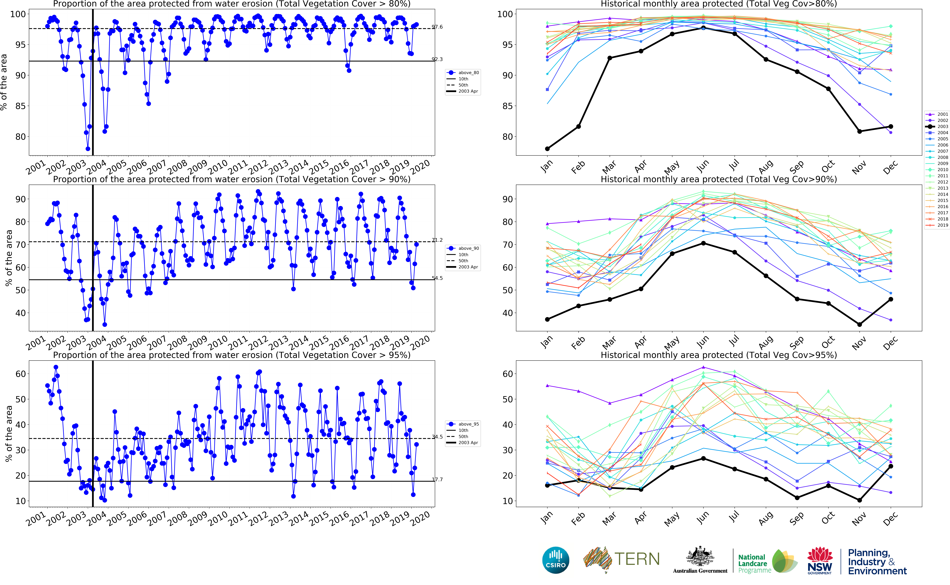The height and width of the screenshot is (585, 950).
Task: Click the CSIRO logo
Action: point(556,560)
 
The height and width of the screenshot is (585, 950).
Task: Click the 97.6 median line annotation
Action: point(437,27)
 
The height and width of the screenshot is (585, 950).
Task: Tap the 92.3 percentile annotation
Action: point(437,59)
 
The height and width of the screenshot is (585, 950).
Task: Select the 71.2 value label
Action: point(437,240)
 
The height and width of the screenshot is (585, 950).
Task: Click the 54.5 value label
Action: point(437,278)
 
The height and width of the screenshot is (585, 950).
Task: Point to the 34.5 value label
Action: point(437,437)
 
